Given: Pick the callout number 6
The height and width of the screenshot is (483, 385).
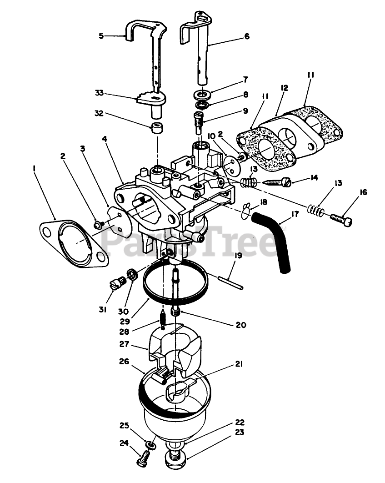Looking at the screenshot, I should point(247,36).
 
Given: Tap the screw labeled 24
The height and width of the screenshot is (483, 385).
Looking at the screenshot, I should point(144,457).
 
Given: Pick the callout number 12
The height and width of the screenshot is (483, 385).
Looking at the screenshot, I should point(285,88).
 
